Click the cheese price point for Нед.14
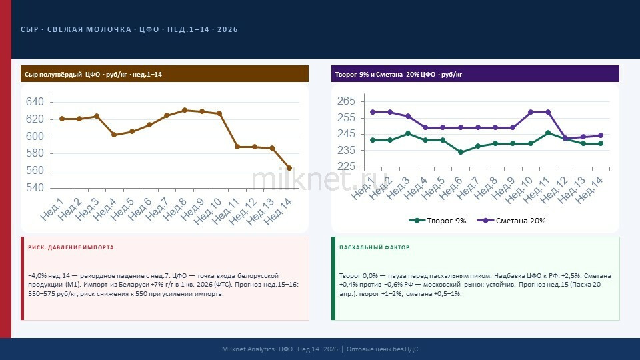(289, 168)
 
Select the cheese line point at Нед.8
(185, 110)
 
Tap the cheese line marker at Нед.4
(114, 135)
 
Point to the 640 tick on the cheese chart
(35, 102)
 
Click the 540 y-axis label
(35, 188)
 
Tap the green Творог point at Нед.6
(461, 152)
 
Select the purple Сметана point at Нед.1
(373, 112)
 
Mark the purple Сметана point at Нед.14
(601, 135)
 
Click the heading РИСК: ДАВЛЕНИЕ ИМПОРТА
(71, 247)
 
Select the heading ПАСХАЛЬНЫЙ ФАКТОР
(374, 247)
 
